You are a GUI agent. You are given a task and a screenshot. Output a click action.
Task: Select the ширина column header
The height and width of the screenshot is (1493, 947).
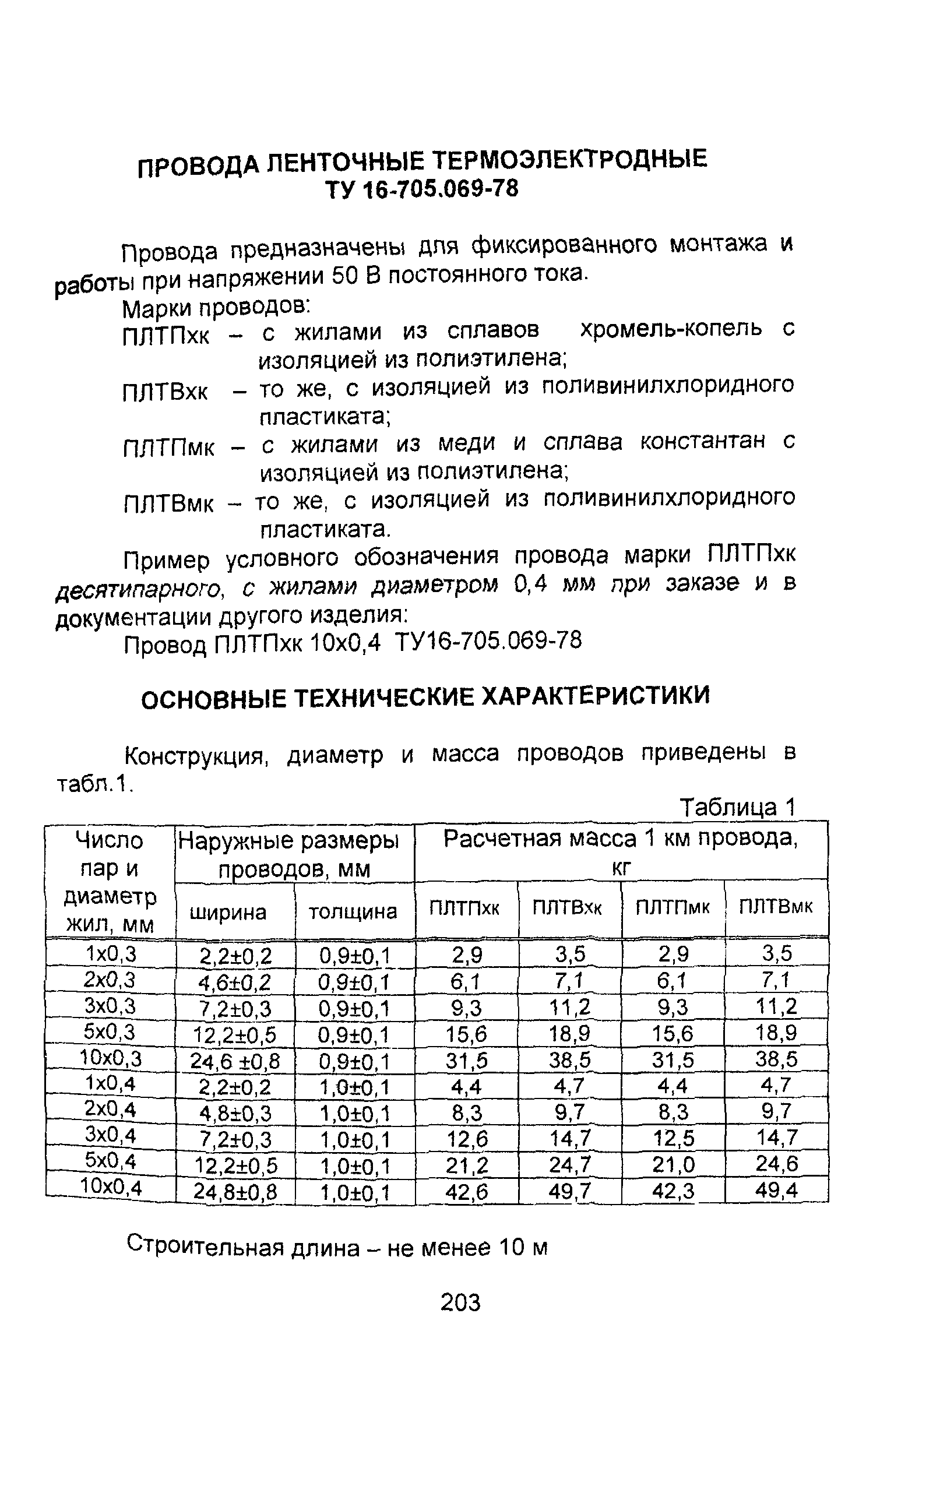coord(228,911)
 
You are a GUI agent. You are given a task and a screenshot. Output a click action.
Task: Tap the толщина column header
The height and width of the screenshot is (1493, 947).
coord(353,911)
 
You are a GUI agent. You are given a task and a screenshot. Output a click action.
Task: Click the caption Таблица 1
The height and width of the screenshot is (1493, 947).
coord(737,807)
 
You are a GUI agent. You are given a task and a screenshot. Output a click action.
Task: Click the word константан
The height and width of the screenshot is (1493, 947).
coord(702,442)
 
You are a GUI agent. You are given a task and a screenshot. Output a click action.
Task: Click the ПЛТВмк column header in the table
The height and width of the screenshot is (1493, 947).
coord(775,908)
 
